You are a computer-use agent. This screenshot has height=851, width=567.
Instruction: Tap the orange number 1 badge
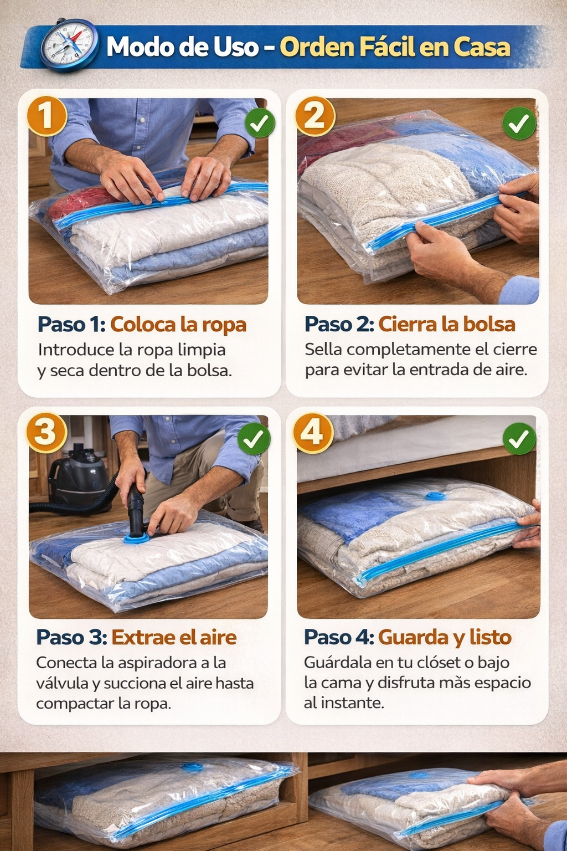click(47, 116)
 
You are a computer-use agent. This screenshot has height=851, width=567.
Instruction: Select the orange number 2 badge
click(315, 116)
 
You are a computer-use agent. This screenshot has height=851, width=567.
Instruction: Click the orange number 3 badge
click(47, 433)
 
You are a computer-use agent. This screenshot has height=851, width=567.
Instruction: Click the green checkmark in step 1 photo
click(260, 123)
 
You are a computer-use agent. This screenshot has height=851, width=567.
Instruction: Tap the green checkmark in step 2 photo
click(519, 122)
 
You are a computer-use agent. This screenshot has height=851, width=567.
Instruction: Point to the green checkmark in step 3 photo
click(254, 438)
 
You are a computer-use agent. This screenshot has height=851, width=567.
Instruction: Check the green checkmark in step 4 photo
click(519, 438)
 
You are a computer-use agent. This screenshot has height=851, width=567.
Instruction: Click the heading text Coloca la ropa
click(178, 325)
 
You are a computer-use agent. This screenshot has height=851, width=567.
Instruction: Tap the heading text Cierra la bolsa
click(447, 325)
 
